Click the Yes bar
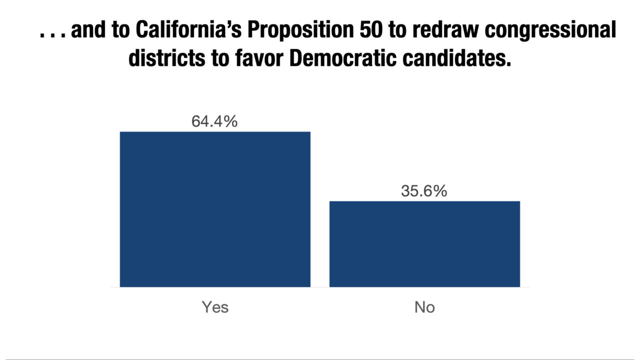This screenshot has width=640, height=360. [x=215, y=209]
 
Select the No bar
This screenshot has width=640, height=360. [x=424, y=244]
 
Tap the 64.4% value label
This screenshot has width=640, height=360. [x=214, y=121]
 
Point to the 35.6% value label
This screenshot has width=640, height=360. [x=424, y=191]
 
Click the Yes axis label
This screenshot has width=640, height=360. [x=215, y=307]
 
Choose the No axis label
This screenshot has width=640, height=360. [x=424, y=307]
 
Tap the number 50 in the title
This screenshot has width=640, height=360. [x=371, y=29]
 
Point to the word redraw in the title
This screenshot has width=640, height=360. [x=445, y=29]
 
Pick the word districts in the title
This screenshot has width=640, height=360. [x=167, y=57]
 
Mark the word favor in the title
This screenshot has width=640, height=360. [x=259, y=57]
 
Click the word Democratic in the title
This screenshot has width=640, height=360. [x=343, y=57]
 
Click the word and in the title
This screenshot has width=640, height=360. [x=88, y=29]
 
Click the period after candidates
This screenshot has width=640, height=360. [x=508, y=64]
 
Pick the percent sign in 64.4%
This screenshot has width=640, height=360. [x=231, y=121]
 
